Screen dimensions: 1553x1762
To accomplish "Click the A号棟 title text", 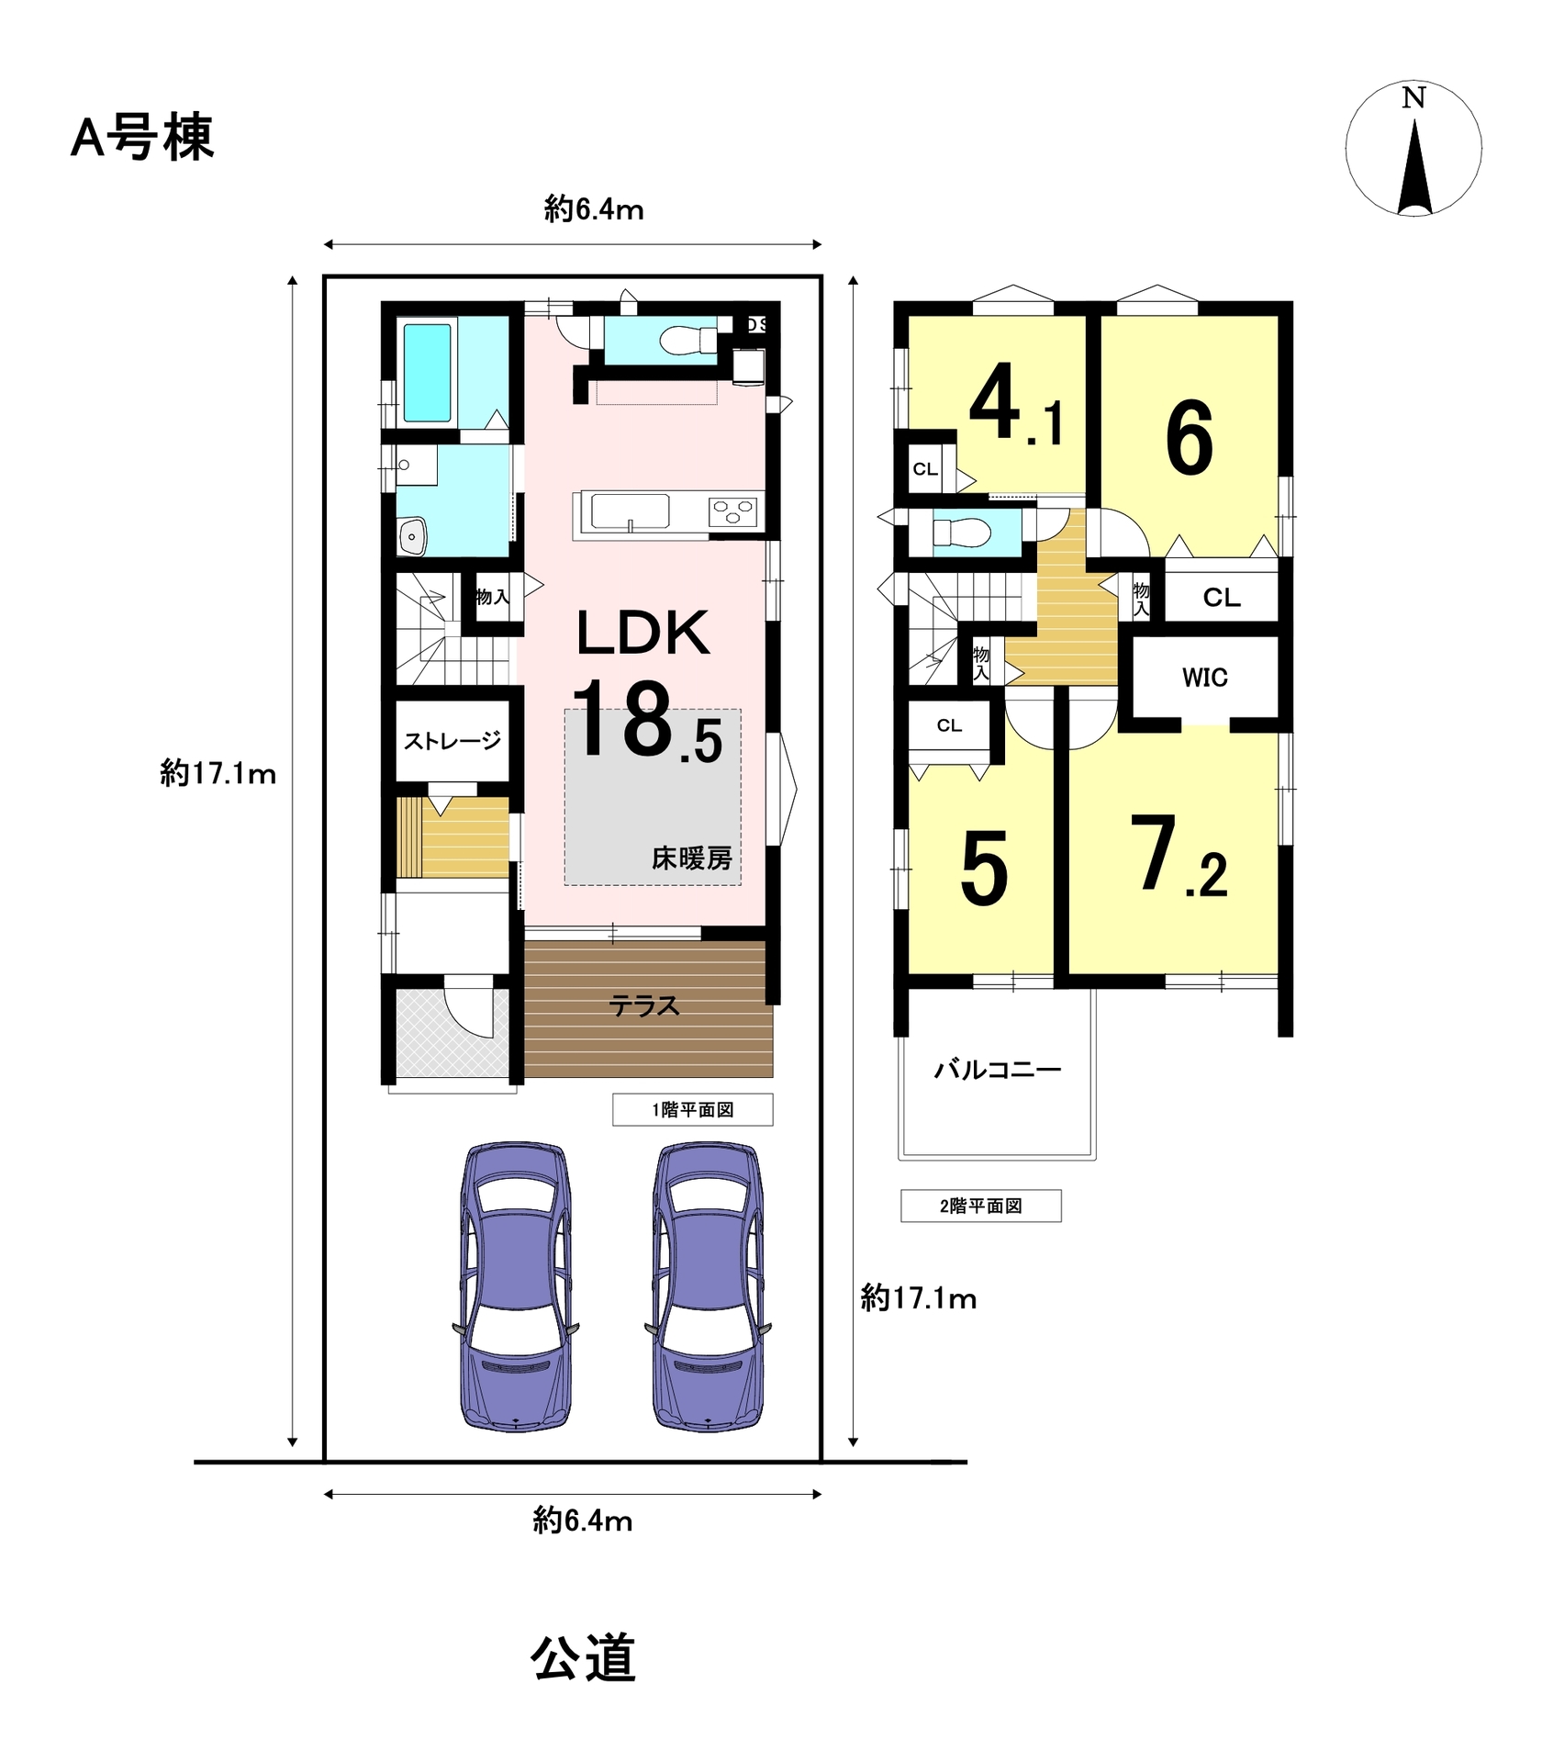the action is (142, 138).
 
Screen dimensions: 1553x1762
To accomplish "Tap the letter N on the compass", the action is (1413, 97).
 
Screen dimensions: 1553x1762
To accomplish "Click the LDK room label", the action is (642, 633).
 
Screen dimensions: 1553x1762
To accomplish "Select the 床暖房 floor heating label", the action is (691, 859).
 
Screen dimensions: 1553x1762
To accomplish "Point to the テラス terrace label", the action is (644, 1006).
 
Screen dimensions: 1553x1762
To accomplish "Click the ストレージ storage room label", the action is (452, 741).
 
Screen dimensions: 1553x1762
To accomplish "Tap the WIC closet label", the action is (1204, 678).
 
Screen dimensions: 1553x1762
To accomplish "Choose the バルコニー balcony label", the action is (998, 1070).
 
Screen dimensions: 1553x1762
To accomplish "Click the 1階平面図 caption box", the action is (693, 1109).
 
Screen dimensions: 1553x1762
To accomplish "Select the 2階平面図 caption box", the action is (980, 1206).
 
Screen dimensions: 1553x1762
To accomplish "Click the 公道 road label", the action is (583, 1658).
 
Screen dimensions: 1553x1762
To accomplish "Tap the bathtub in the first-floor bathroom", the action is (428, 371).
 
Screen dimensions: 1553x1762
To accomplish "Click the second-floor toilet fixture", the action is (962, 533).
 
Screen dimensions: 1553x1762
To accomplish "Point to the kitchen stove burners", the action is (733, 511).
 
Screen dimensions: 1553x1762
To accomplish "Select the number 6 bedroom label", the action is (1190, 438).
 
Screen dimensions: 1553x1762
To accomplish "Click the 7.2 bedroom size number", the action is (1179, 857).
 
